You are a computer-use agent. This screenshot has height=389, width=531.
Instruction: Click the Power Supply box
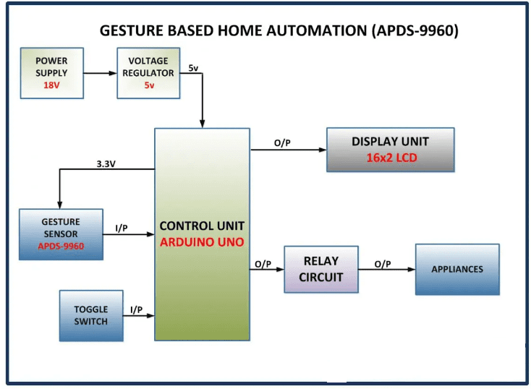click(x=51, y=73)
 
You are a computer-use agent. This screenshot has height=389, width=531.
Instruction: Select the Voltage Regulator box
click(x=148, y=73)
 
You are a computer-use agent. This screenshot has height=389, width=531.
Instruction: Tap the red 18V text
click(x=51, y=85)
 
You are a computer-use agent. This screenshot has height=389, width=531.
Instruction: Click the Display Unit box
click(x=390, y=150)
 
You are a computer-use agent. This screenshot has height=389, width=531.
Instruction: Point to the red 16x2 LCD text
click(x=390, y=158)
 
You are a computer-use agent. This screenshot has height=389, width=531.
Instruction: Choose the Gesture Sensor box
click(x=61, y=234)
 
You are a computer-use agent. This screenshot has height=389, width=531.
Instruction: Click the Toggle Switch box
click(x=90, y=315)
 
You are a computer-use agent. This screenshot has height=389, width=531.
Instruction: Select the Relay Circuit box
click(x=320, y=269)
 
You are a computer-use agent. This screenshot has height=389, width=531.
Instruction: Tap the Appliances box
click(x=456, y=269)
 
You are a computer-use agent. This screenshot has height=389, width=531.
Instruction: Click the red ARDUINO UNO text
click(x=202, y=241)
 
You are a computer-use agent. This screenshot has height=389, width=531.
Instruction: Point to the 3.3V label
click(x=106, y=163)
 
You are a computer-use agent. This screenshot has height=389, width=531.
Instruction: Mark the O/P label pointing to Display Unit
click(x=282, y=143)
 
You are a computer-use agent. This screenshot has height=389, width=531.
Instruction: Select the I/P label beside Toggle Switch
click(x=136, y=309)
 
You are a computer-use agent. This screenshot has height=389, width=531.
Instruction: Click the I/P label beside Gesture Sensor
click(x=122, y=228)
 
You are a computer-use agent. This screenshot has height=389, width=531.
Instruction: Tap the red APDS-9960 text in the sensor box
click(x=61, y=245)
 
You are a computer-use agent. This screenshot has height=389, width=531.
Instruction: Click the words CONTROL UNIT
click(x=202, y=226)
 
